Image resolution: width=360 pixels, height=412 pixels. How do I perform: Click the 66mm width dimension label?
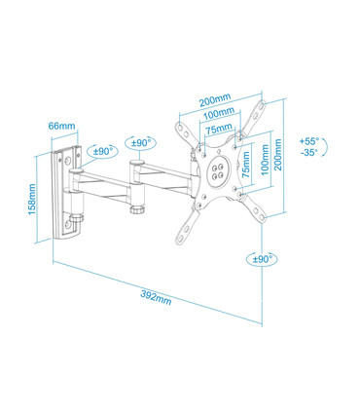pos(60,126)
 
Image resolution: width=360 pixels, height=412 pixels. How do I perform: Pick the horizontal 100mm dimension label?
pos(220,115)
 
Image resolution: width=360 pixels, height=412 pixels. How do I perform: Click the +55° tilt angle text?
pos(310,140)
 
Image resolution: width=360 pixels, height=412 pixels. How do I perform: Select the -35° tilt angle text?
pos(310,153)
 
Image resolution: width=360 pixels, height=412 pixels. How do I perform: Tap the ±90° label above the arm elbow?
pos(142,143)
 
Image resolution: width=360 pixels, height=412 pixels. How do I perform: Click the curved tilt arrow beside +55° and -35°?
pos(335,147)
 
